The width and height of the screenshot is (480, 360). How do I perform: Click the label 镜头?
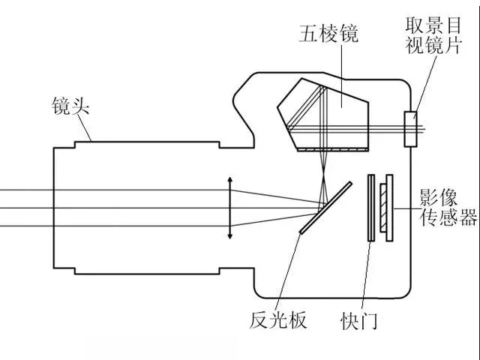pos(70,106)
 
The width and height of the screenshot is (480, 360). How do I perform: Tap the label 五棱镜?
pos(328,33)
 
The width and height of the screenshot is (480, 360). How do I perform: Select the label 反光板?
pos(278,320)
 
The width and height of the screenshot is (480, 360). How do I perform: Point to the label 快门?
pos(358,321)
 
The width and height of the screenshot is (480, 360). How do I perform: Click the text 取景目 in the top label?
pos(433,25)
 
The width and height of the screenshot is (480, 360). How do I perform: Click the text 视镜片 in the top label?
pos(433,45)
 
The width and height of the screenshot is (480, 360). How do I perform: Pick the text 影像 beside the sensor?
pos(438,197)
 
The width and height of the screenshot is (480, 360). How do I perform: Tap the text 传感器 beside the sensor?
pos(448,217)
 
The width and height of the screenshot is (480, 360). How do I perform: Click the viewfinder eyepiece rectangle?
pos(410,129)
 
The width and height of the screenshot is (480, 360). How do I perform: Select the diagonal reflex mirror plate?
pos(325,208)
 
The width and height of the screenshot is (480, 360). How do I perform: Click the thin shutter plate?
pos(371,208)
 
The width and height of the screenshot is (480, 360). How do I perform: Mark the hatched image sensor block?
pos(383,208)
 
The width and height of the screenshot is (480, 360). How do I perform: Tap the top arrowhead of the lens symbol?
pos(230,179)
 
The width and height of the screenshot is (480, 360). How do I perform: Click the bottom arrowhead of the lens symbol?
pos(230,235)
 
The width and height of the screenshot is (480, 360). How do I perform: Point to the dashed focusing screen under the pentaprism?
pos(333,150)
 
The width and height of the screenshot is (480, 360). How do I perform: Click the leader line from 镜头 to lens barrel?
pos(85,128)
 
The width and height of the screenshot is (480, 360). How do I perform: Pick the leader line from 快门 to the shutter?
pos(367,275)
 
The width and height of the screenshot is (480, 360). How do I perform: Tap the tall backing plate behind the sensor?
pos(389,208)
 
